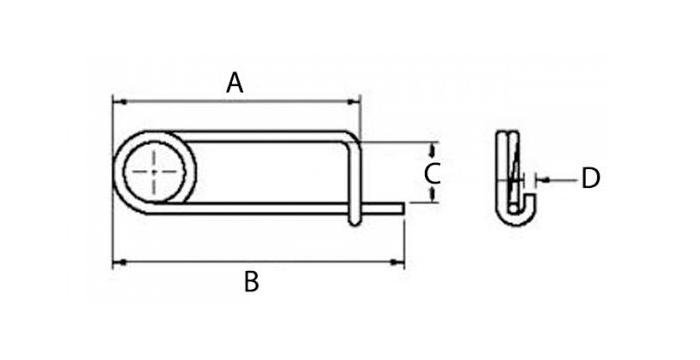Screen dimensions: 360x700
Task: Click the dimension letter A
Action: coord(234,83)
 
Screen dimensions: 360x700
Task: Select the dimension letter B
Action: coord(251,282)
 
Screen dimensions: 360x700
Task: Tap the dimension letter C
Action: coord(432,174)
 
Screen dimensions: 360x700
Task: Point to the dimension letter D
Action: coord(590,179)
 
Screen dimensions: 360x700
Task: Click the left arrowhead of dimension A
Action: coord(116,101)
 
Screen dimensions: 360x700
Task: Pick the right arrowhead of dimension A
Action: coord(354,101)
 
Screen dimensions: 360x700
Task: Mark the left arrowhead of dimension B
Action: coord(116,263)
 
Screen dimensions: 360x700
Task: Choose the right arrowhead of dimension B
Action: coord(400,263)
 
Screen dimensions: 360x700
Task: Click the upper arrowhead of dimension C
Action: coord(432,148)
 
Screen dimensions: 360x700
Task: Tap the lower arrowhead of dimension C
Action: coord(432,198)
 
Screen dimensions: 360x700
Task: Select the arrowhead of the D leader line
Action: coord(541,179)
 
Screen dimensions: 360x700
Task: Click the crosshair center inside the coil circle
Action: coord(155,171)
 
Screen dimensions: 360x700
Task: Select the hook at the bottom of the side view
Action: coord(517,216)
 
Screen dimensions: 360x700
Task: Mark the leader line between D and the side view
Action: coord(560,179)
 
